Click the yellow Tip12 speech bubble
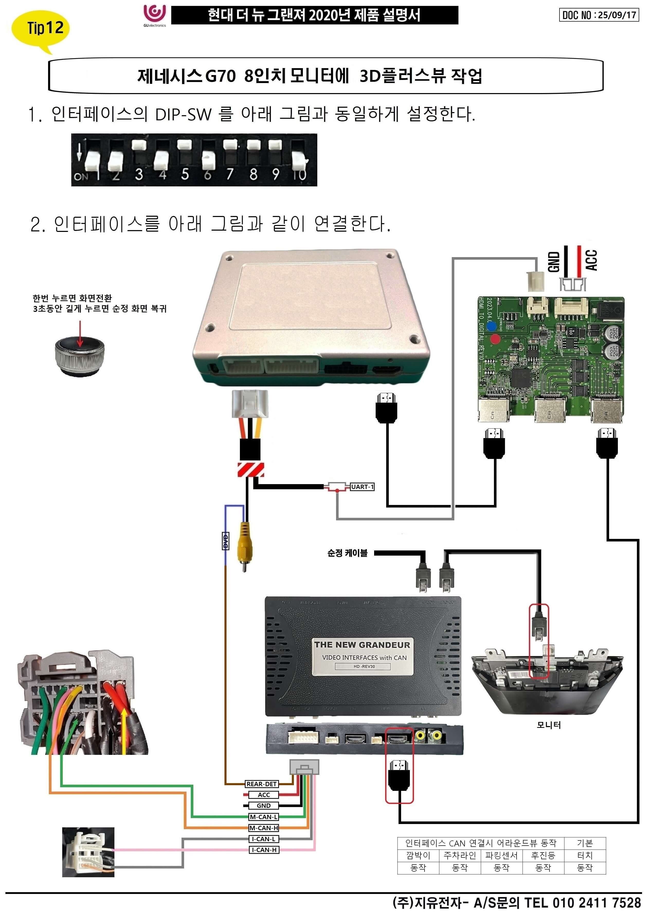40,29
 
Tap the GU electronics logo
155,15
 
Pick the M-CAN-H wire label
264,828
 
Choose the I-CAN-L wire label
264,839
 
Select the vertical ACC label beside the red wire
591,260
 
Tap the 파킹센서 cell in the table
501,855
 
